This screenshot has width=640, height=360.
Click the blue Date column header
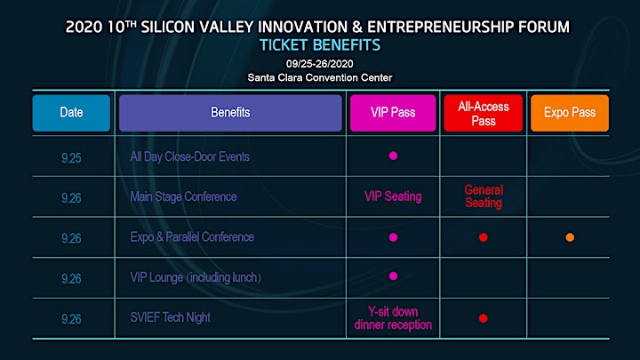pos(71,113)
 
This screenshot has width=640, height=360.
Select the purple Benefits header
pos(230,113)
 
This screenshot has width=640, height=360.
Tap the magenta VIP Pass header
pos(393,113)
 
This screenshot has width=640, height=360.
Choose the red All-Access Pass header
pos(484,113)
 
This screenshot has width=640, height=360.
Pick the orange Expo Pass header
pos(570,113)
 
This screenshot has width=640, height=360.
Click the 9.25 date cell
pos(71,158)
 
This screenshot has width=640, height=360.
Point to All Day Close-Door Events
pos(190,156)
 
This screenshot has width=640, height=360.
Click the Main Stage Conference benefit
pos(183,196)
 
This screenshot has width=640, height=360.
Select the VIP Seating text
pos(393,196)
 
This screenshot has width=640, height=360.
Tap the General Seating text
pos(484,196)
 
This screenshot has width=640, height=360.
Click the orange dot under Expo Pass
pos(570,237)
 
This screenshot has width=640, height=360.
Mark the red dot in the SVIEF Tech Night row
pos(484,318)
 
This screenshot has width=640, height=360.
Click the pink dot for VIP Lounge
pos(393,276)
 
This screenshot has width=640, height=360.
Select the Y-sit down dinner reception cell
pos(393,318)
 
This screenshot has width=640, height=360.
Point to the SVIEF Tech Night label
pos(170,317)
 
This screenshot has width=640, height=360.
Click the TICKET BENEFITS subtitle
pos(320,45)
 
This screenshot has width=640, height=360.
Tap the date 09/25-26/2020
pos(320,64)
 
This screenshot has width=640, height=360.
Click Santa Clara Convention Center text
pos(320,77)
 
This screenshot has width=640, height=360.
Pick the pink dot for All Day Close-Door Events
pos(393,156)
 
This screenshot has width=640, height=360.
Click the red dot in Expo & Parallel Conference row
pos(484,237)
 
